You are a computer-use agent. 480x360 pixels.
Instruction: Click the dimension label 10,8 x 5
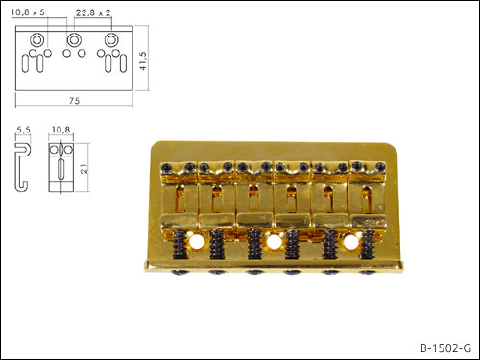(28, 12)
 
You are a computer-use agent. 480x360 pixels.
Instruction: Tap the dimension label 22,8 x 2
(93, 12)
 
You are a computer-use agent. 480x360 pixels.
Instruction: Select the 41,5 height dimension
(143, 60)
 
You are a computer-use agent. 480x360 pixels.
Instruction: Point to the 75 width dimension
(74, 101)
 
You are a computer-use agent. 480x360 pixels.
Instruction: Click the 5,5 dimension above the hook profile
(23, 130)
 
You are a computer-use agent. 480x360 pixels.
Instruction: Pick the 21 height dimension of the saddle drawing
(84, 169)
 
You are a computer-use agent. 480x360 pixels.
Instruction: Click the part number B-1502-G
(445, 348)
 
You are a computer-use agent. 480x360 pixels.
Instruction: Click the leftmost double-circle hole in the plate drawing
(36, 40)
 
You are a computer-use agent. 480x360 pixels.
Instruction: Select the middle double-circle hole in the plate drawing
(74, 40)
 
